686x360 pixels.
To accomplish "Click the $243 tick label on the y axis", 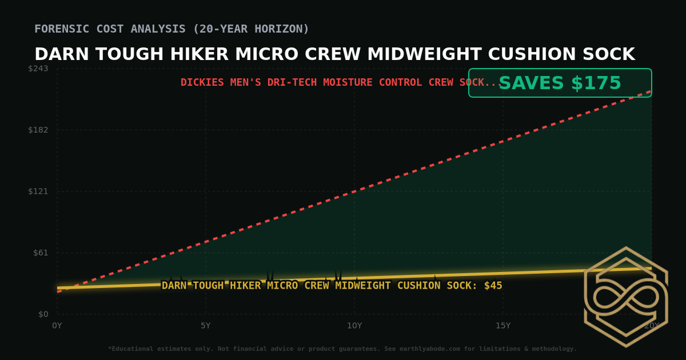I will pos(38,69).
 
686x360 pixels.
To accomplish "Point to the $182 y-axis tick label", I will pos(38,130).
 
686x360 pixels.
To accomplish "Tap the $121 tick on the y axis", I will pos(38,191).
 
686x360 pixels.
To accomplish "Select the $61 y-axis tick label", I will pos(40,253).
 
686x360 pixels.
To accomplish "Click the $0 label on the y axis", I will pos(43,314).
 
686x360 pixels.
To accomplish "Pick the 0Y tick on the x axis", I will pos(57,326).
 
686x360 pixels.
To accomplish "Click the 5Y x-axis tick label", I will pos(206,326).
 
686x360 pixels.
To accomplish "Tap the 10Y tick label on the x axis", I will pos(354,326).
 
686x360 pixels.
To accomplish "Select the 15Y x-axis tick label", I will pos(503,326).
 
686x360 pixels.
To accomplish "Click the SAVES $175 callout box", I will pos(560,83).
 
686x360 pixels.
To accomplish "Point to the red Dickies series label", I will pos(341,83).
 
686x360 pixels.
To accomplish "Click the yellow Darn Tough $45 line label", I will pos(332,286).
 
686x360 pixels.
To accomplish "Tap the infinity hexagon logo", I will pos(626,297).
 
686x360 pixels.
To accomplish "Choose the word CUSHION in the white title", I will pos(535,54).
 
